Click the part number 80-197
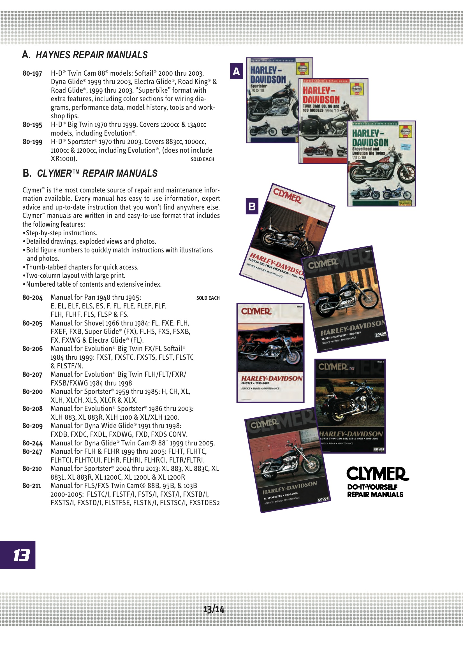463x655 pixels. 32,74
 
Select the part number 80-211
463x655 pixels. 32,486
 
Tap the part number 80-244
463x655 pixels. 32,443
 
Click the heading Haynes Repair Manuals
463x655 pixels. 85,55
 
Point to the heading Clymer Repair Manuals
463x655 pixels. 90,173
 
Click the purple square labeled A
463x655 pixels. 236,71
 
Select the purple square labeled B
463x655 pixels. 252,206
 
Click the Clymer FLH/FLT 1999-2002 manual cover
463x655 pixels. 270,353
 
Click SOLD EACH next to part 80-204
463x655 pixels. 208,298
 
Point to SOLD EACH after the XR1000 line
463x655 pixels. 202,159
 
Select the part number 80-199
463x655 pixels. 32,142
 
